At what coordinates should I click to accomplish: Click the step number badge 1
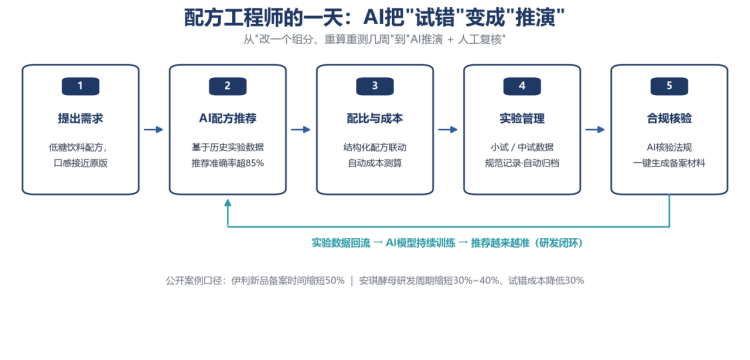click(x=80, y=86)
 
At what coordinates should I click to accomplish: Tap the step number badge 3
click(x=375, y=86)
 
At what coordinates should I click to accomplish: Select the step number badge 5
click(x=669, y=86)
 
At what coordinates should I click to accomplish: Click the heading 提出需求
click(x=80, y=119)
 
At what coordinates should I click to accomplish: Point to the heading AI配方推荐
click(x=228, y=119)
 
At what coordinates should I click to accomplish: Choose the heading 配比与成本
click(x=375, y=119)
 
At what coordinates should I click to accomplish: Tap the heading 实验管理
click(x=522, y=119)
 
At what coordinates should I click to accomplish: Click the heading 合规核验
click(x=669, y=119)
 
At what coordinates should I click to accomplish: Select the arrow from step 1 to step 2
click(x=154, y=130)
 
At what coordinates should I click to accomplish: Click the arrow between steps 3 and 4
click(x=448, y=130)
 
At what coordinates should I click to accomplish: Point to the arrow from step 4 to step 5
click(x=595, y=130)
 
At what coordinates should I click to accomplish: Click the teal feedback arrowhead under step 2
click(x=228, y=202)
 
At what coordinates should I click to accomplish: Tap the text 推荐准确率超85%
click(x=228, y=163)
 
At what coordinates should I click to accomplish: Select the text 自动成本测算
click(x=375, y=163)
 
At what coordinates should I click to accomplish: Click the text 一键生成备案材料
click(x=669, y=163)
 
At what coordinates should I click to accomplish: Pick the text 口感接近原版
click(x=80, y=163)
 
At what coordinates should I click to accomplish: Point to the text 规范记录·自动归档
click(x=522, y=163)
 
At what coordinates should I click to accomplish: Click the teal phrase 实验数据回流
click(x=341, y=243)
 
